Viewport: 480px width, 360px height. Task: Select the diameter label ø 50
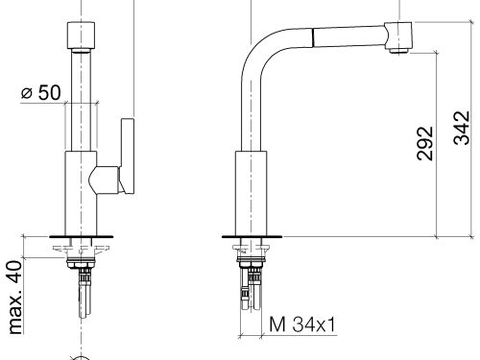click(39, 93)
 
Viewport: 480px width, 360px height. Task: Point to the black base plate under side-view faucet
click(252, 236)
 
